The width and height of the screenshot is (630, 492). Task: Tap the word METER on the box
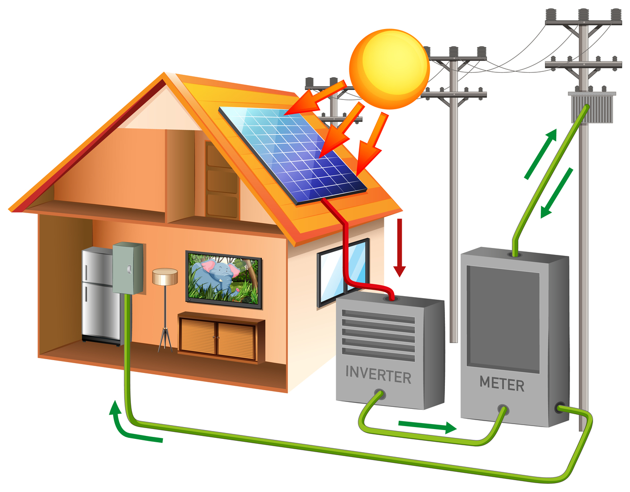(502, 383)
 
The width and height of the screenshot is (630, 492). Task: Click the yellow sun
(389, 69)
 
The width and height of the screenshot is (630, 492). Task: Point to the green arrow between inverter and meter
(426, 426)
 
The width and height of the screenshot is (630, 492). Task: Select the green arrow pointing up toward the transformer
(541, 154)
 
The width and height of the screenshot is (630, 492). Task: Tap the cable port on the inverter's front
(378, 395)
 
